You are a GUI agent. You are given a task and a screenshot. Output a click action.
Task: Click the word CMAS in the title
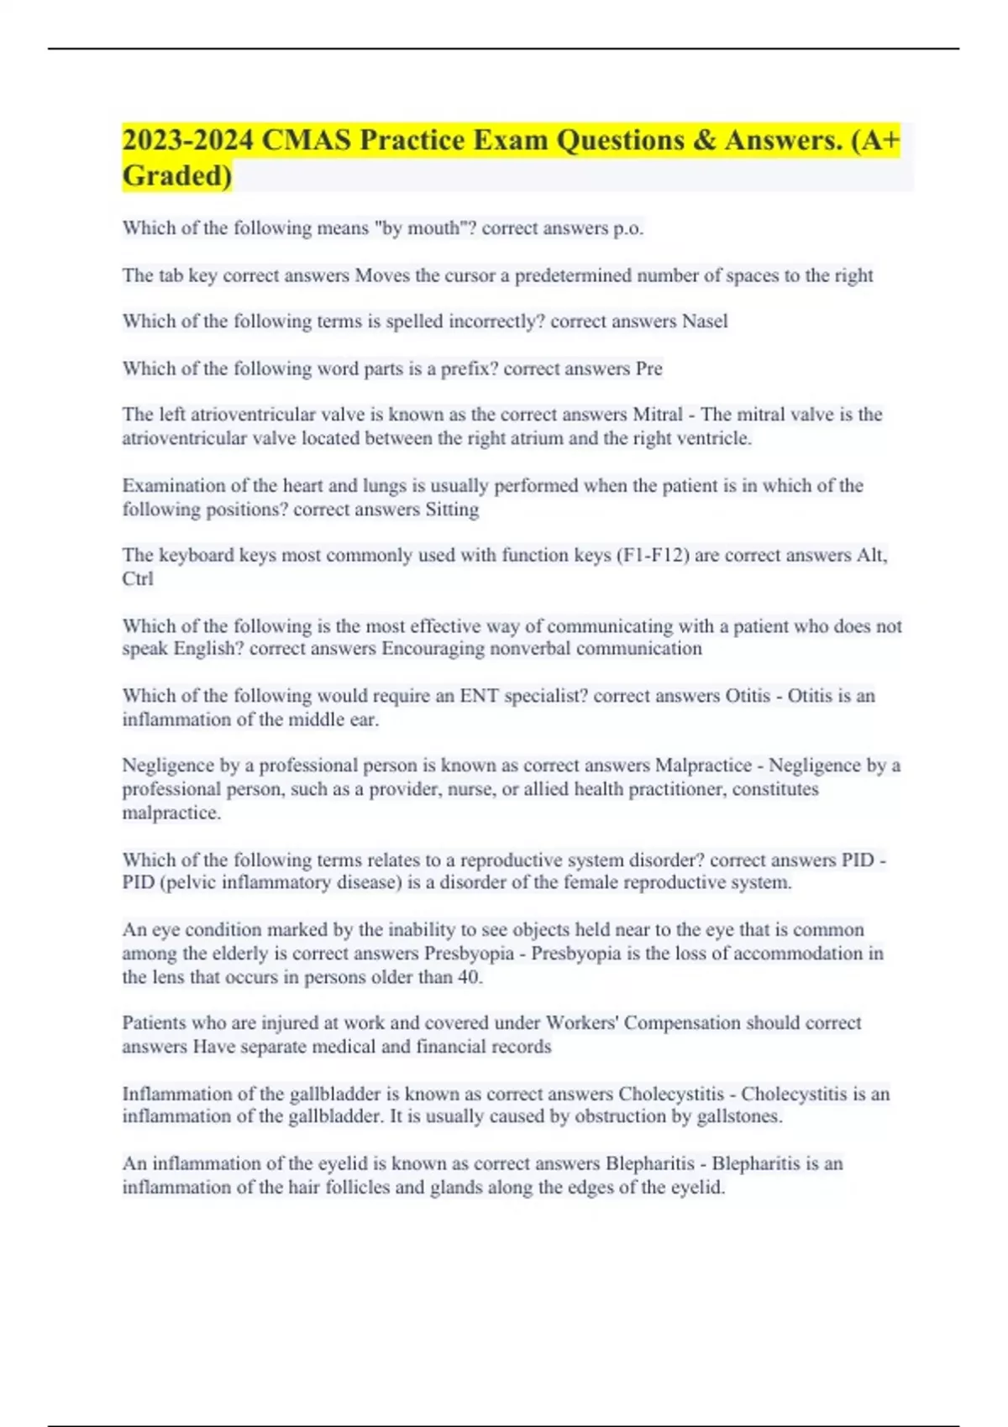307,140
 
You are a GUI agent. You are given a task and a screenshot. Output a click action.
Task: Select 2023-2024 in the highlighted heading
187,140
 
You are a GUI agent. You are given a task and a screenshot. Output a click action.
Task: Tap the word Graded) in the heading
177,175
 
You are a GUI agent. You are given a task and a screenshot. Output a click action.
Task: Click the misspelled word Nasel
705,321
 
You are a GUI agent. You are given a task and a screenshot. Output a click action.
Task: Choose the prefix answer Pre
649,369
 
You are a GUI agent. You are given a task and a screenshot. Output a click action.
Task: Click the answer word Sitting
452,510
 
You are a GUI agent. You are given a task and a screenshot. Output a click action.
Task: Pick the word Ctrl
138,578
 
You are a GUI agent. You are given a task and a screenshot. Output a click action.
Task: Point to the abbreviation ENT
479,696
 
